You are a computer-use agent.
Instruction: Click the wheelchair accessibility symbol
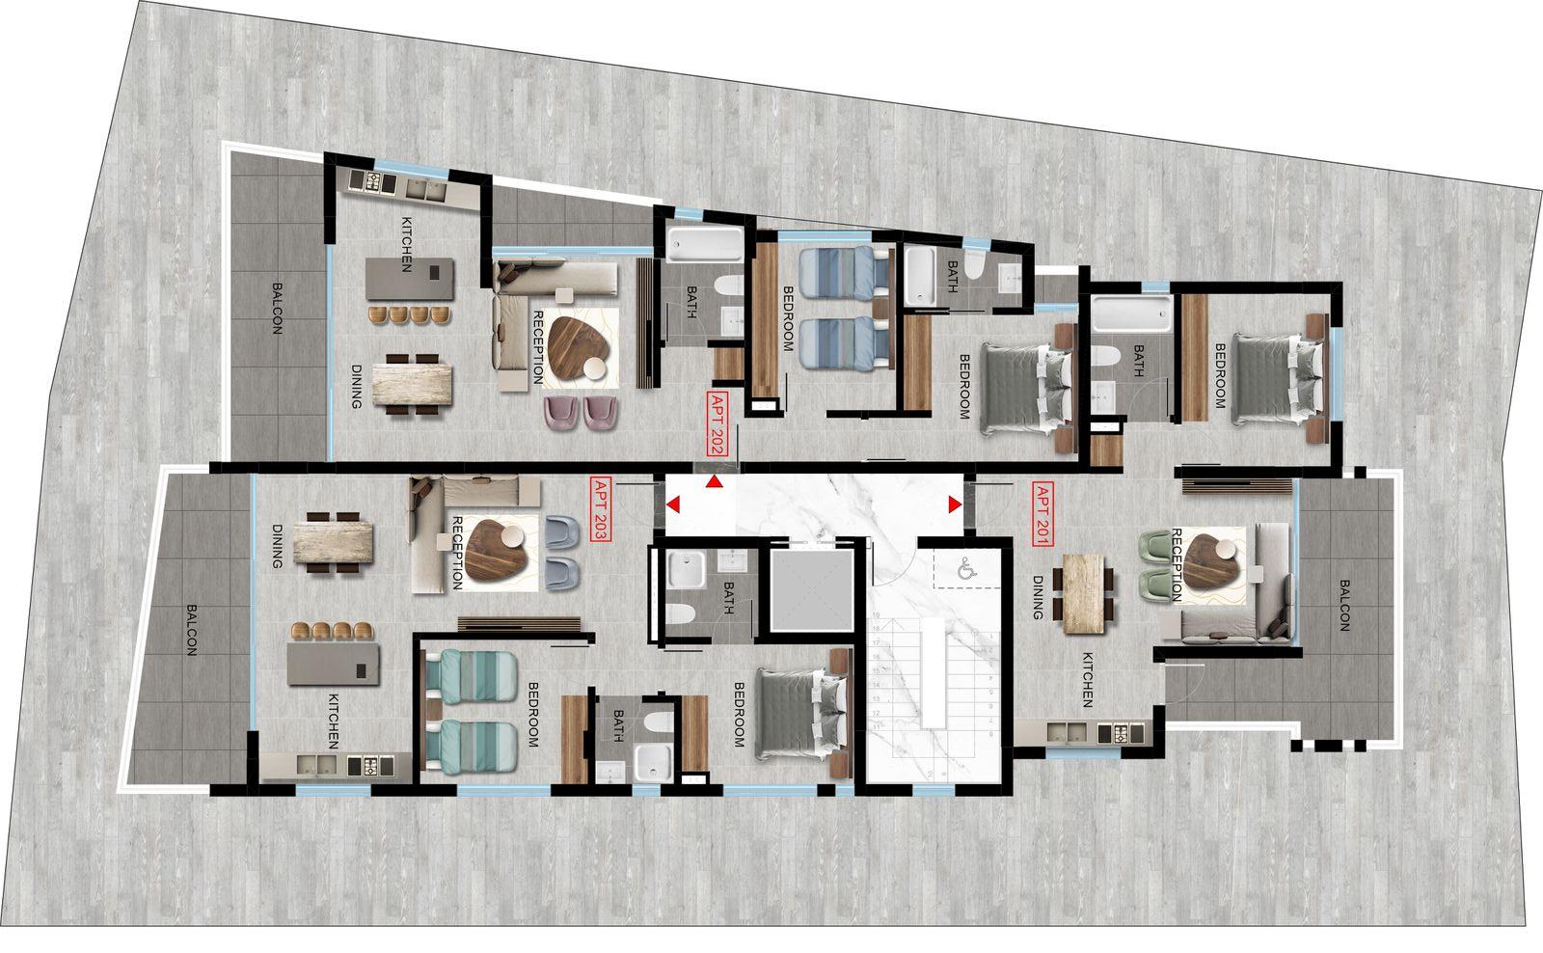click(x=963, y=570)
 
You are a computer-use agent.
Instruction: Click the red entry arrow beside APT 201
click(x=955, y=504)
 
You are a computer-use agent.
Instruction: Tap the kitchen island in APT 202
click(x=409, y=281)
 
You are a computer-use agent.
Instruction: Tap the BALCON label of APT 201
click(x=1341, y=605)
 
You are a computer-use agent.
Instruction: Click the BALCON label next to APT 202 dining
click(x=277, y=308)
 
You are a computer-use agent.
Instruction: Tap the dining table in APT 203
click(x=334, y=543)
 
